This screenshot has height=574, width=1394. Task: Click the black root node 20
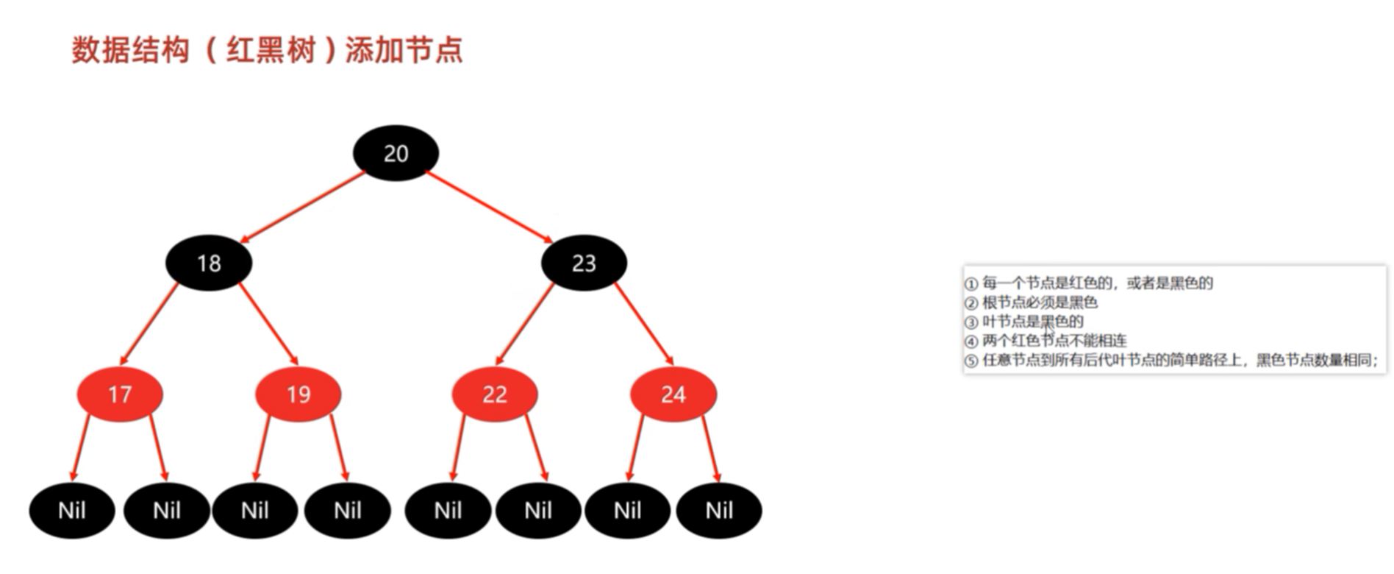click(396, 153)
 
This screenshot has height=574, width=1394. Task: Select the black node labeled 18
click(209, 263)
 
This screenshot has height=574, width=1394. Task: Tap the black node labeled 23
click(584, 263)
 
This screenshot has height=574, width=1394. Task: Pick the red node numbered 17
click(120, 394)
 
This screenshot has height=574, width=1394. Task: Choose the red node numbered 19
click(298, 394)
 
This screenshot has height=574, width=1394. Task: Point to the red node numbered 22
click(494, 394)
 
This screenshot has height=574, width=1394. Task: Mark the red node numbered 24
click(673, 394)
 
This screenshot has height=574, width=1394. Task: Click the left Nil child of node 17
click(72, 511)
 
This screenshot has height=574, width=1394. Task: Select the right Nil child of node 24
click(719, 511)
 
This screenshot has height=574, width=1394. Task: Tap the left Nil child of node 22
click(448, 511)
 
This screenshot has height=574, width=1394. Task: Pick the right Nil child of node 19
click(348, 511)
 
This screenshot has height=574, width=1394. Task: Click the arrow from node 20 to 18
click(303, 207)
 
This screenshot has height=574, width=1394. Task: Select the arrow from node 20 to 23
click(490, 207)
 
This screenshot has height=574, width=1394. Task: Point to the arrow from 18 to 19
click(268, 323)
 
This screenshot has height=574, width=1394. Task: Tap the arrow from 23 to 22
click(524, 323)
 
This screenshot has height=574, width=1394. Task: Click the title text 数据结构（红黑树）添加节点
click(268, 50)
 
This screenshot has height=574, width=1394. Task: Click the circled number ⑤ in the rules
click(971, 361)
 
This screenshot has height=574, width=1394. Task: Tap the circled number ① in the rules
click(971, 284)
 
